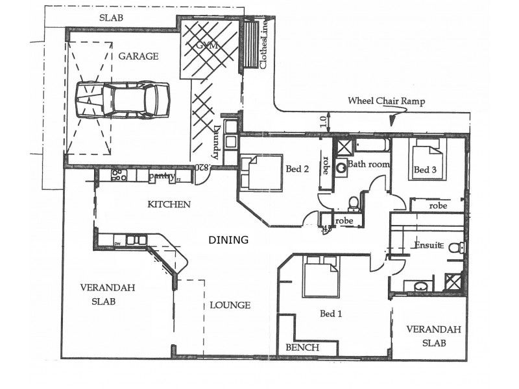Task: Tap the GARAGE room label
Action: point(138,56)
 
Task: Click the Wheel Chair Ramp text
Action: point(385,100)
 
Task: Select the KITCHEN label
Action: point(169,204)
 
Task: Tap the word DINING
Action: point(228,240)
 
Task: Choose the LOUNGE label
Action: point(229,305)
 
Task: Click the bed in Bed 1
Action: point(320,276)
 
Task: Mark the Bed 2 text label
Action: point(296,169)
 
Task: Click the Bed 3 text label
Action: point(424,170)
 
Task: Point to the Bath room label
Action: point(369,165)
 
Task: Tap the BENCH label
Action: point(302,348)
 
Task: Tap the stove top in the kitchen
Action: point(119,174)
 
